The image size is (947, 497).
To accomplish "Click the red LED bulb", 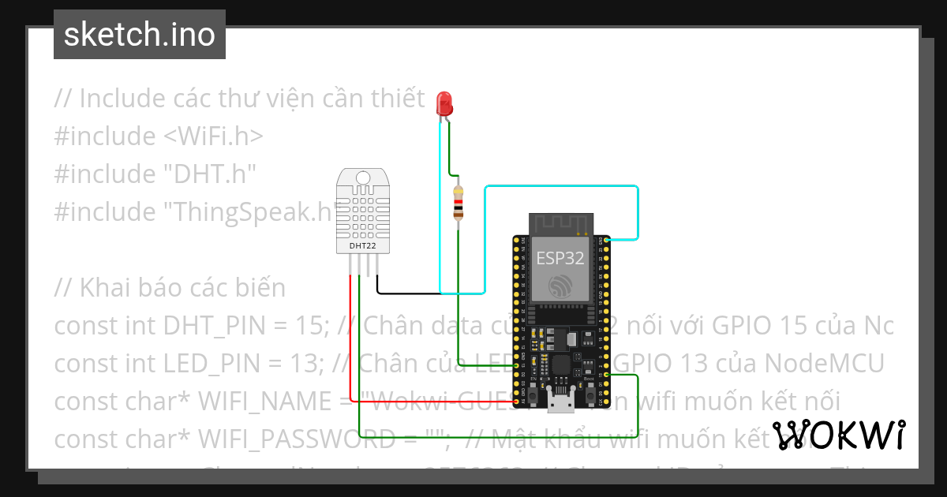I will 444,103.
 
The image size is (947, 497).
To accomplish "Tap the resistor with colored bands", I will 458,203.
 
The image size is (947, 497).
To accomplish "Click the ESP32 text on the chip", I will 560,258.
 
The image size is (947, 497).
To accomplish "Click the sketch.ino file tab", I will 140,35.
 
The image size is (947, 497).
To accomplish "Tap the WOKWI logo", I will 838,435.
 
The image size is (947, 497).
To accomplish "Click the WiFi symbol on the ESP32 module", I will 561,286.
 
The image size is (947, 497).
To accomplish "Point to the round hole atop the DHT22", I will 363,177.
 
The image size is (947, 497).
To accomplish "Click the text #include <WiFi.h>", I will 159,136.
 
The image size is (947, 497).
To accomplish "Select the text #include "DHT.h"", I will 155,174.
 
